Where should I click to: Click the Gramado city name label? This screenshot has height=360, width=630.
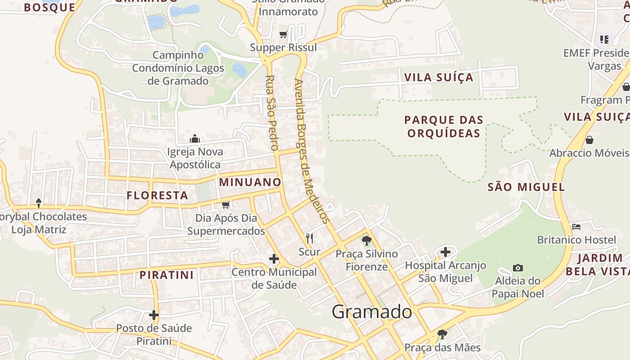[x=372, y=311]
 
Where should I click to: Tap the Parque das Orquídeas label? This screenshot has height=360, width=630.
[x=443, y=126]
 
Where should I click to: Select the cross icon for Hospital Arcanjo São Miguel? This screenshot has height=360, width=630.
[x=445, y=252]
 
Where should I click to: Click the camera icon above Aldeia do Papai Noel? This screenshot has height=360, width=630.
[x=518, y=268]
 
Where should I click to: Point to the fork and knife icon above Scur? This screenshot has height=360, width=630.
[x=310, y=238]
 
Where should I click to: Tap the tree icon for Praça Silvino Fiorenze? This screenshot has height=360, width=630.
[x=367, y=240]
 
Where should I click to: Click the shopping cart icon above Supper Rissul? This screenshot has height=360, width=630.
[x=283, y=34]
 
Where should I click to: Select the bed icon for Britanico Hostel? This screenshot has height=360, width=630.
[x=576, y=226]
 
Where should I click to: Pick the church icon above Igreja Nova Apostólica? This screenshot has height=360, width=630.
[x=195, y=139]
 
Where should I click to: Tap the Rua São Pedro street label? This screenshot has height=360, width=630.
[x=271, y=113]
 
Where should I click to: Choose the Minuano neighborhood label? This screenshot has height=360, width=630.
[x=250, y=182]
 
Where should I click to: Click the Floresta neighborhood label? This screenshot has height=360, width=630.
[x=157, y=195]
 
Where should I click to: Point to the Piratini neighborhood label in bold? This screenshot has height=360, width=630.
[x=166, y=275]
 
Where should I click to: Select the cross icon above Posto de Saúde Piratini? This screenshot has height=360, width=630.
[x=154, y=315]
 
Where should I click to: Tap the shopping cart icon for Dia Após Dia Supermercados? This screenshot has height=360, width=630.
[x=226, y=205]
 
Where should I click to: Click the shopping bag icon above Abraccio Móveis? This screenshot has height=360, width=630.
[x=589, y=140]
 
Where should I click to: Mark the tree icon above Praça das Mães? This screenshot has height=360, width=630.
[x=442, y=334]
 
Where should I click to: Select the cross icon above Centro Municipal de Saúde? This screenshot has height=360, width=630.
[x=274, y=259]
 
